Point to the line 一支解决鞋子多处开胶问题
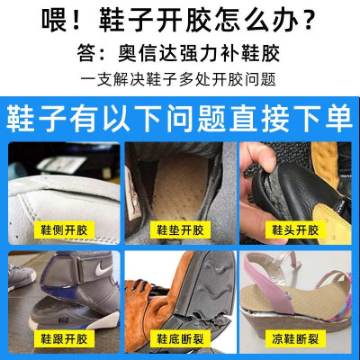(180, 79)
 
